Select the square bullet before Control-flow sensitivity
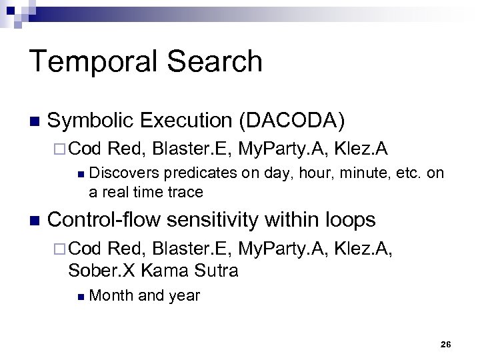click(35, 221)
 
